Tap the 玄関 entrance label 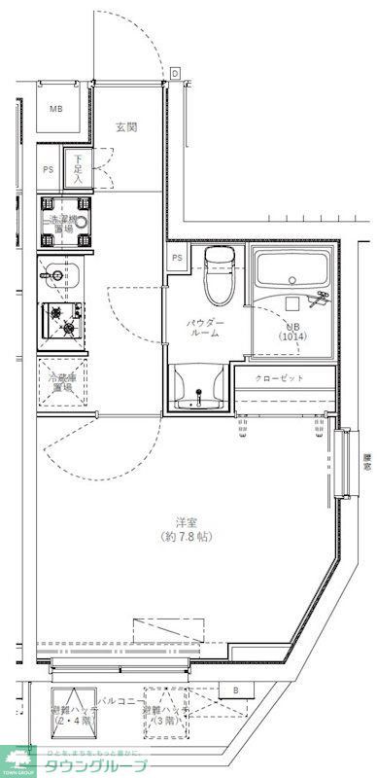[126, 127]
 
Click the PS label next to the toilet [178, 258]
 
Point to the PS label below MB [48, 169]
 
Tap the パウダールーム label [206, 328]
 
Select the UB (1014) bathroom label [292, 331]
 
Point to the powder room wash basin [200, 389]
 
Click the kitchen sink [60, 277]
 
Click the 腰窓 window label [366, 461]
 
